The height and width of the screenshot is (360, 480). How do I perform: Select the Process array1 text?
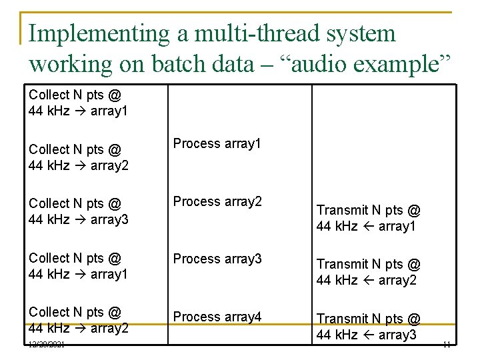click(217, 143)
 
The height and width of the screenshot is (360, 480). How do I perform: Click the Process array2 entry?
click(217, 201)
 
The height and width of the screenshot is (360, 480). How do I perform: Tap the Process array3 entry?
click(217, 259)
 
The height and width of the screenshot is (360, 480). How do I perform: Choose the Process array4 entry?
click(217, 317)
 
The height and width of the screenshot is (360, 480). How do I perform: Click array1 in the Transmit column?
click(398, 227)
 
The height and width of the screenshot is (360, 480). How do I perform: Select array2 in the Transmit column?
click(398, 281)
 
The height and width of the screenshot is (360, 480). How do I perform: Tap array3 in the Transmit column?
click(398, 335)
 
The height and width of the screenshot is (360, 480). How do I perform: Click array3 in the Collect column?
click(111, 219)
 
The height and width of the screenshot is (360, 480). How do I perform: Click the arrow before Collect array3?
click(81, 219)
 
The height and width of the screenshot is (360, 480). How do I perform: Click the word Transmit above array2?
click(345, 265)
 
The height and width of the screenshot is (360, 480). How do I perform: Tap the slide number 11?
click(447, 345)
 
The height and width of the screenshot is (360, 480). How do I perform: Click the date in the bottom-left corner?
click(47, 345)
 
